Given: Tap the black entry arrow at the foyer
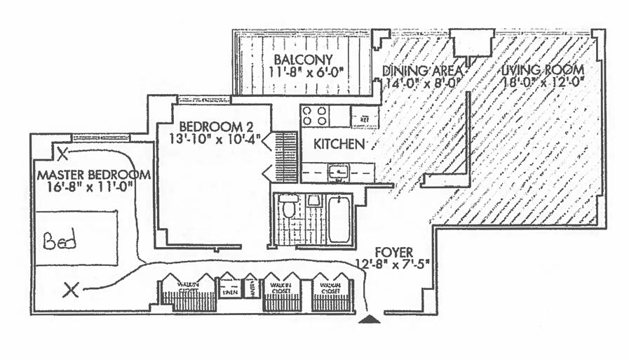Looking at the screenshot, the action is (x=370, y=319).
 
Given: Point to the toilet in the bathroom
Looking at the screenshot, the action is (x=288, y=208).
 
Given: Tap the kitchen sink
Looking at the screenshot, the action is (x=339, y=171).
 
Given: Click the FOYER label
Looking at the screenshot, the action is (x=396, y=251).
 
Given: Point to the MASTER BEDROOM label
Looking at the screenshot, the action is (x=93, y=174).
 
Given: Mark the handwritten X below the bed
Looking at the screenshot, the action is (x=70, y=289).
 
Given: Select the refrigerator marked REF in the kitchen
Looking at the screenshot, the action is (x=365, y=116).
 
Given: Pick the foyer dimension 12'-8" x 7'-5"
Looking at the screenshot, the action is (x=395, y=264).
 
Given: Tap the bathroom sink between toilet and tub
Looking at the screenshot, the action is (x=313, y=201).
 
